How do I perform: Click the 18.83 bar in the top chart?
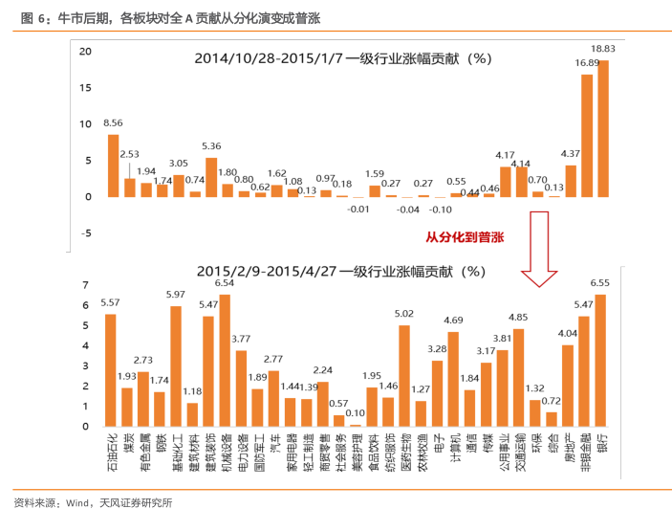tap(602, 128)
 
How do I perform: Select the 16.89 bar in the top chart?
tap(587, 135)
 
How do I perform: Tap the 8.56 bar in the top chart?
tap(113, 165)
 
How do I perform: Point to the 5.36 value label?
tap(211, 146)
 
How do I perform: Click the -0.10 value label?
tap(441, 209)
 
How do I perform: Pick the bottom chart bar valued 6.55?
tap(600, 360)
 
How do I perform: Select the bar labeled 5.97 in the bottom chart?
tap(176, 365)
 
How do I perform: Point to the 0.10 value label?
tap(356, 413)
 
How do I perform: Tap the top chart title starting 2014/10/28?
tap(342, 57)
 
